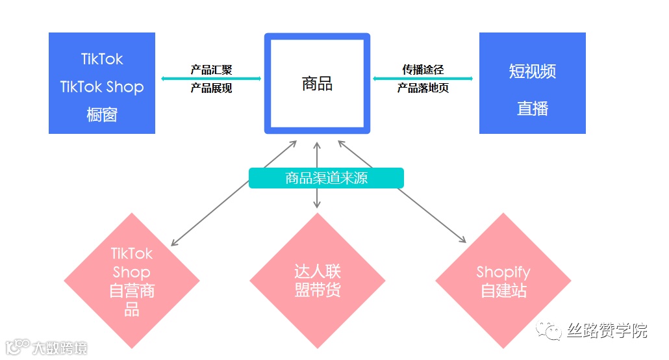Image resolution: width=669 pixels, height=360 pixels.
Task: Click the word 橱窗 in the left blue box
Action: (x=102, y=115)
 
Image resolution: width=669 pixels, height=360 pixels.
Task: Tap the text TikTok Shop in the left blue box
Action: (x=102, y=87)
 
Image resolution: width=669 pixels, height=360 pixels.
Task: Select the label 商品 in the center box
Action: (x=317, y=83)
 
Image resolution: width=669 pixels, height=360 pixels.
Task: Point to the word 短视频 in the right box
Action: (x=532, y=71)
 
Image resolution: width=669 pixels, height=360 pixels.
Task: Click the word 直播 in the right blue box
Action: (x=532, y=109)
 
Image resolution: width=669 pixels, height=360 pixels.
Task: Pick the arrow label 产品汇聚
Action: (x=211, y=70)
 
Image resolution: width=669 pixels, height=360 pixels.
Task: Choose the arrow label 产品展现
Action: (x=211, y=88)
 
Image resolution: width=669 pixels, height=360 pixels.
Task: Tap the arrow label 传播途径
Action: (x=423, y=70)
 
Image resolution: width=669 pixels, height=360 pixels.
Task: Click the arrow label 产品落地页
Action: (x=423, y=88)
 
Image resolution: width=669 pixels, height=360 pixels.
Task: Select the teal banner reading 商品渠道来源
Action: (x=326, y=178)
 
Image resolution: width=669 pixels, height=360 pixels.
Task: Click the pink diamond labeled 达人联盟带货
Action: (x=317, y=281)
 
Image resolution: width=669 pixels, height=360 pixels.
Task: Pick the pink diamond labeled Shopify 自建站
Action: (x=503, y=281)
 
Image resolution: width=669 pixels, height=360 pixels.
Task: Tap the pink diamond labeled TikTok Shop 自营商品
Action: (x=132, y=281)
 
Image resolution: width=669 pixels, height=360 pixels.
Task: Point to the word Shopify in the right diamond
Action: (x=503, y=272)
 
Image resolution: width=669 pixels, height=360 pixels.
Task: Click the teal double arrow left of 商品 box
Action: (x=211, y=79)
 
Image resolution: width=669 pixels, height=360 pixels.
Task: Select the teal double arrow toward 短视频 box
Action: (x=423, y=79)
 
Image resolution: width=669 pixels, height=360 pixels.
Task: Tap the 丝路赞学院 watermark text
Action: (x=607, y=331)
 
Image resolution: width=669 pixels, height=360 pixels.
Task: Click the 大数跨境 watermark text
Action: (x=60, y=348)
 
